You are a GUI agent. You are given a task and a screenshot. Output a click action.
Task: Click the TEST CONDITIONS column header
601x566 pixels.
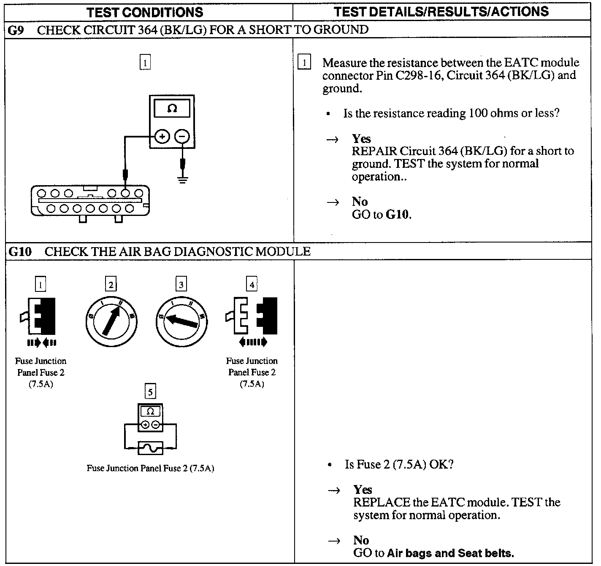point(145,12)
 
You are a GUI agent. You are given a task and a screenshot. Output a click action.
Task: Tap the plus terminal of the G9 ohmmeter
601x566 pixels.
point(162,136)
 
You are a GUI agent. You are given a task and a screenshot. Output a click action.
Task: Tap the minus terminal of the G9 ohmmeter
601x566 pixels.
point(182,136)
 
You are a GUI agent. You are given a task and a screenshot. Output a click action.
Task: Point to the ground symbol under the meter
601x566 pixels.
point(182,180)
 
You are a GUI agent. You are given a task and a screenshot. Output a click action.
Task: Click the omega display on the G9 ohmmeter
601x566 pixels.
point(172,109)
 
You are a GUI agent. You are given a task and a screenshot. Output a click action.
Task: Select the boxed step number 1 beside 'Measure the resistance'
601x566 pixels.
point(304,63)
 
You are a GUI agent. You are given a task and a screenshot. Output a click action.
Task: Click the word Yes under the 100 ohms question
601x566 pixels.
point(361,139)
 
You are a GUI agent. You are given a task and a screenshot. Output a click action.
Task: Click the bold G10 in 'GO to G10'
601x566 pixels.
point(398,215)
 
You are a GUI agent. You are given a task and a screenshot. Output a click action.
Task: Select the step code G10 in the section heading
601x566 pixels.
point(20,252)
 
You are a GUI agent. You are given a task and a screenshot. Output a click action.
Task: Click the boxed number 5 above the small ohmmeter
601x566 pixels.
point(150,392)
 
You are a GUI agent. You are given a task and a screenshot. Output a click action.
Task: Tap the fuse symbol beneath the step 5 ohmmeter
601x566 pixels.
point(150,448)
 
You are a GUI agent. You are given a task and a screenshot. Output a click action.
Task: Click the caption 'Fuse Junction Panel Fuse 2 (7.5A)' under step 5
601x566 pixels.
point(150,469)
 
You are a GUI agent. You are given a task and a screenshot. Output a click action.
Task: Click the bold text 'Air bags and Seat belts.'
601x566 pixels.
point(450,553)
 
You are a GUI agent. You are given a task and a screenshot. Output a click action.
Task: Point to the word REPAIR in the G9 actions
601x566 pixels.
point(374,151)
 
